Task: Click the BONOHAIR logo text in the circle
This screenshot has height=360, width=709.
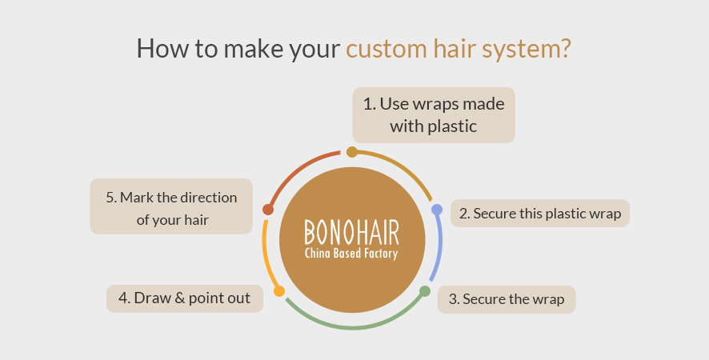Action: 352,233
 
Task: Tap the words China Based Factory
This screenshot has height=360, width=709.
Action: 351,254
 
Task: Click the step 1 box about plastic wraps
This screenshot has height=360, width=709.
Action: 434,115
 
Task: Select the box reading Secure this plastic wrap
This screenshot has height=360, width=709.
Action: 540,213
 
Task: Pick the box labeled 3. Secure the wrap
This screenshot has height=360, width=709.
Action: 507,299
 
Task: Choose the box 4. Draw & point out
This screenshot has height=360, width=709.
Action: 185,298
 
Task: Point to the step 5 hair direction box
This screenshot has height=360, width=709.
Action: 171,206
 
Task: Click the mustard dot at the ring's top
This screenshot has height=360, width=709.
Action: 352,152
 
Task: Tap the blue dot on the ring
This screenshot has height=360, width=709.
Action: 437,210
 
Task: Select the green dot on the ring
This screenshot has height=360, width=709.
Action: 425,291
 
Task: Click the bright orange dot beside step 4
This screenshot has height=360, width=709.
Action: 279,291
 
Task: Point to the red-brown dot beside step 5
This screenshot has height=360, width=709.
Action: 268,210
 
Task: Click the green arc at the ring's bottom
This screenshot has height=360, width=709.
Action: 352,327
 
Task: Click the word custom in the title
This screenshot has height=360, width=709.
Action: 387,49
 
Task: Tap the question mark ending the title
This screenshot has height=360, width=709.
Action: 566,48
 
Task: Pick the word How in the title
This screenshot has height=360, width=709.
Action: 162,48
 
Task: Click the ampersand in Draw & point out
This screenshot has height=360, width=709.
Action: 179,298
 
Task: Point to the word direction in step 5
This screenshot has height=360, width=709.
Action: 208,197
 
